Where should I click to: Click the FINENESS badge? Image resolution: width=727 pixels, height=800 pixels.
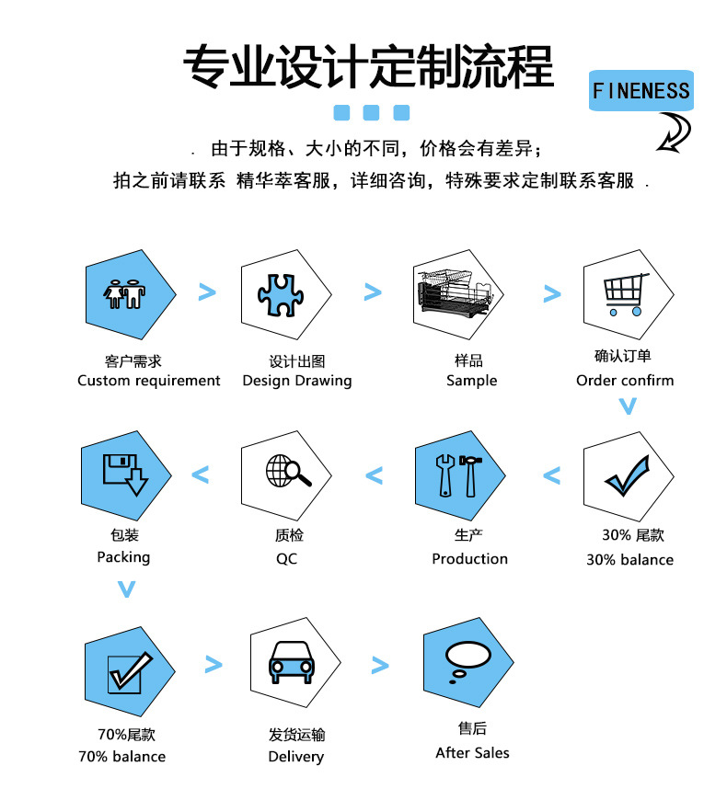(640, 91)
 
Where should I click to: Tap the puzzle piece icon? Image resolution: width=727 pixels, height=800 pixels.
(281, 295)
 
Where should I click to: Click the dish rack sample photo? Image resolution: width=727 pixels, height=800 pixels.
(454, 294)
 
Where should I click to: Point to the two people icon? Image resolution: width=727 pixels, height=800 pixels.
(124, 294)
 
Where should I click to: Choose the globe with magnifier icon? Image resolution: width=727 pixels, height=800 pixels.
(288, 471)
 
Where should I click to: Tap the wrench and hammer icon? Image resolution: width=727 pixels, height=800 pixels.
(458, 475)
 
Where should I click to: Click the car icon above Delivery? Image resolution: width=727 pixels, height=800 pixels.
(292, 662)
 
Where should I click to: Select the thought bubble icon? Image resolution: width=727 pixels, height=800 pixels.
(467, 662)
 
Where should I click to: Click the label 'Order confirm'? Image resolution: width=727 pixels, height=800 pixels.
(625, 381)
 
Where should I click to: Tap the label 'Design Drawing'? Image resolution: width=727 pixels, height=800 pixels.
(297, 381)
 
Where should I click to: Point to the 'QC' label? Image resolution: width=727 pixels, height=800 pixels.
(286, 559)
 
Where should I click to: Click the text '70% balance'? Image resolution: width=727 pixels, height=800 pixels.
(122, 757)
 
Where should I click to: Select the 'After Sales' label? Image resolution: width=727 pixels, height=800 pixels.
(472, 753)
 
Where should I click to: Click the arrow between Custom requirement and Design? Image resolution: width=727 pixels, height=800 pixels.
(207, 292)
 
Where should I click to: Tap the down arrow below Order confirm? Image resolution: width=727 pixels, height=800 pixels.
(628, 406)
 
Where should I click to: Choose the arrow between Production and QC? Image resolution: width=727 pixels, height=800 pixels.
(374, 475)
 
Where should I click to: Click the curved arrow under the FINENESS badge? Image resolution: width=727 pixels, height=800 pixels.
(674, 132)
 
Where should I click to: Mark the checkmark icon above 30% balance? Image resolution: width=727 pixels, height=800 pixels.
(628, 475)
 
